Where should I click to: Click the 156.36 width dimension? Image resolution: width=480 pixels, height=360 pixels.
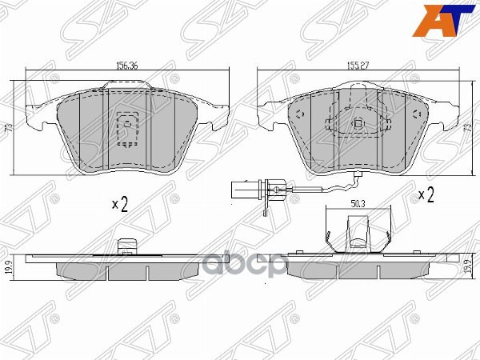[x=129, y=69]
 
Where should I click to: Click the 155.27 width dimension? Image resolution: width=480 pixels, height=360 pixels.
[x=357, y=69]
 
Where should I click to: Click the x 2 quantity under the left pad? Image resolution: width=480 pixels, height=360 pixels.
[x=121, y=205]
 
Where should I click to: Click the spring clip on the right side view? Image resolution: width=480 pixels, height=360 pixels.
[x=358, y=236]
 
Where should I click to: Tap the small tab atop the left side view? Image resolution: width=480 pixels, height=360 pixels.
[x=124, y=246]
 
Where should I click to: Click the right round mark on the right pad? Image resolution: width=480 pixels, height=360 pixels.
[x=416, y=114]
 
